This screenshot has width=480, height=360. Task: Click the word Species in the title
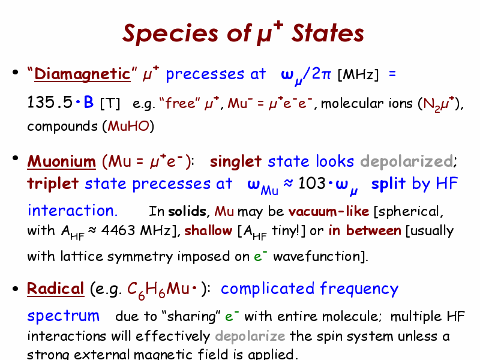tap(170, 34)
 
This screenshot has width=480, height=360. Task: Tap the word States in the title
tap(328, 33)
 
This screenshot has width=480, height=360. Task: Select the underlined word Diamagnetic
tap(82, 74)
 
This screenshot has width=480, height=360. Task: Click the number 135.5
tap(50, 102)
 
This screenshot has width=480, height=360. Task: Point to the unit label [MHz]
tap(358, 74)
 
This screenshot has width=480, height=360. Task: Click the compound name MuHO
tap(128, 126)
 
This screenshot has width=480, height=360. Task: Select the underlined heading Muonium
tap(62, 161)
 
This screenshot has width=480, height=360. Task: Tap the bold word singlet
tap(235, 161)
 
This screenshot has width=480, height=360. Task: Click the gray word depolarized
tap(407, 161)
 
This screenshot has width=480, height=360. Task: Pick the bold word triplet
tap(53, 184)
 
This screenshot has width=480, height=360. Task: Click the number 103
tap(311, 184)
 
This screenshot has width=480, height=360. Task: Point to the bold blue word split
tap(388, 184)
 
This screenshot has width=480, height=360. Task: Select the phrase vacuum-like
tap(329, 212)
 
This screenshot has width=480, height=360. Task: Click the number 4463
tap(118, 230)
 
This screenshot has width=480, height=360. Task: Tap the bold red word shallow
tap(208, 230)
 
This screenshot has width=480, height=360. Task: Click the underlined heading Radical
tap(55, 289)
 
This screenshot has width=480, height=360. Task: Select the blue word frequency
tap(359, 289)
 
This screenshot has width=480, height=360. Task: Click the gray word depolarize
tap(250, 336)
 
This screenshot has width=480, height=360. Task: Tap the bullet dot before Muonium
tap(16, 158)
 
